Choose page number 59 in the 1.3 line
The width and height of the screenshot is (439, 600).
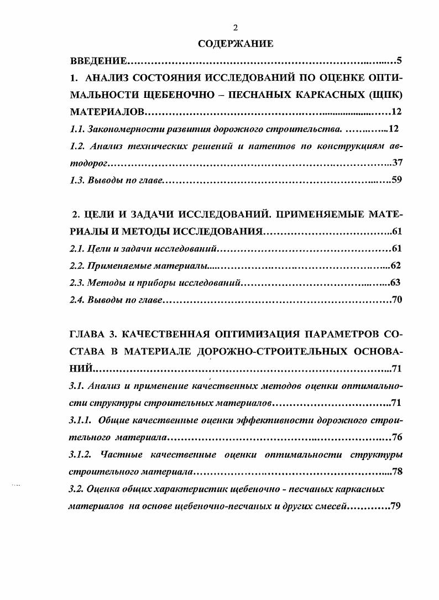(396, 180)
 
